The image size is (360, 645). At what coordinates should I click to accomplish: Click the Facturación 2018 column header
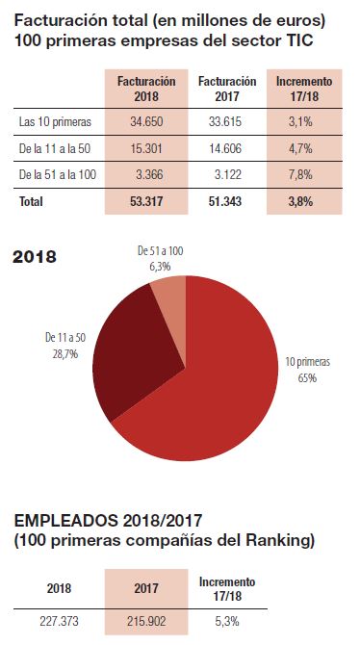(146, 89)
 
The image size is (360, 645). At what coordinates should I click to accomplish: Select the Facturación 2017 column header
(227, 89)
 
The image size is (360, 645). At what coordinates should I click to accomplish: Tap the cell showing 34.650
(146, 121)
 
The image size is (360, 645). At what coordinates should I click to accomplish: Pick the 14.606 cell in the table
(227, 148)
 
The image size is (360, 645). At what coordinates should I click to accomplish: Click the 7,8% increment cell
(304, 174)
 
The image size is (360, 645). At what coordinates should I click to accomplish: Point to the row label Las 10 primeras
(55, 121)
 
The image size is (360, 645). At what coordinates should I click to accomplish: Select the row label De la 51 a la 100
(58, 174)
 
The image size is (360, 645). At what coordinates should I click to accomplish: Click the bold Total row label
(31, 201)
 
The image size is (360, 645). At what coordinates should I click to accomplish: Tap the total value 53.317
(146, 201)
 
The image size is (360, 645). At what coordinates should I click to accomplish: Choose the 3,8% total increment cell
(304, 201)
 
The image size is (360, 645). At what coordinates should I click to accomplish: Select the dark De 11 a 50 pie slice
(136, 353)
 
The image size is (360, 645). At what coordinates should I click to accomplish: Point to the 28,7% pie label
(65, 353)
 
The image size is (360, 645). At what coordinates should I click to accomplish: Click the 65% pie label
(307, 377)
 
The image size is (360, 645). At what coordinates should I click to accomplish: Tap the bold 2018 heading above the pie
(35, 257)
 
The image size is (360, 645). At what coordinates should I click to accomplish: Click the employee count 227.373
(59, 621)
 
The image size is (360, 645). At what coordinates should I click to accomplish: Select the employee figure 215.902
(146, 621)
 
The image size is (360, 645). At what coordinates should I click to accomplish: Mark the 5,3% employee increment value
(227, 621)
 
